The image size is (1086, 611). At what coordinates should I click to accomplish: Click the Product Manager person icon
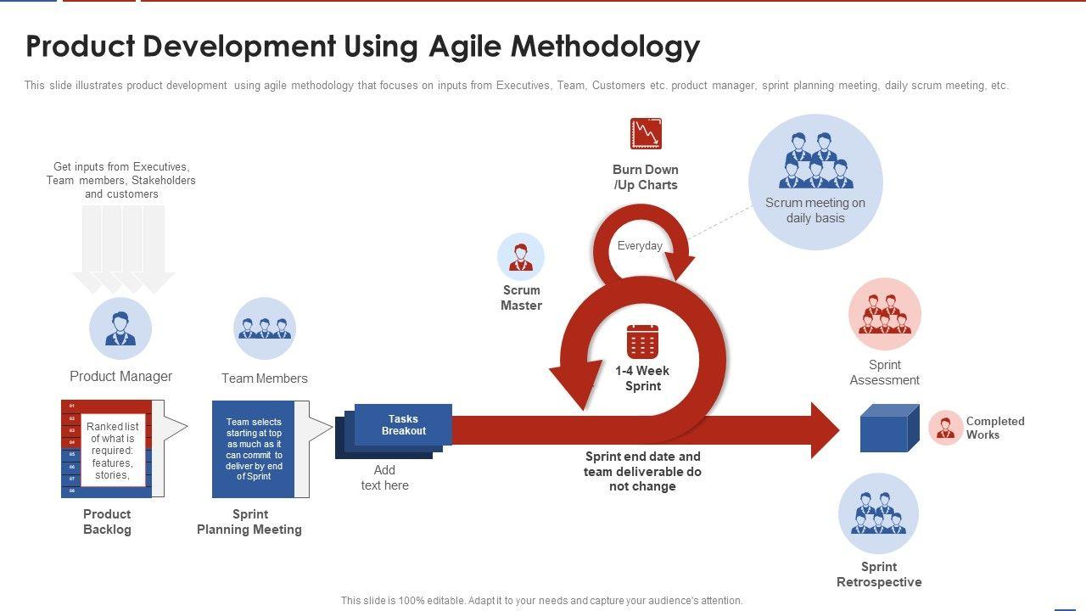point(120,328)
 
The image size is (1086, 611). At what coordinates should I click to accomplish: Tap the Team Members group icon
point(265,328)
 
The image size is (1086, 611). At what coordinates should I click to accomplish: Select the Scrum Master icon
point(521,257)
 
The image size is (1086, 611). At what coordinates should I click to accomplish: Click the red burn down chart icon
point(646,134)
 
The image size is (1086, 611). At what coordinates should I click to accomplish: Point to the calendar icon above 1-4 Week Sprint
point(642,341)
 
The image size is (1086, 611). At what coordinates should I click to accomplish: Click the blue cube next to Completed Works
point(889,429)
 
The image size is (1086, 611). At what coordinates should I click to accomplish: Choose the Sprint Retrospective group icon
point(879,513)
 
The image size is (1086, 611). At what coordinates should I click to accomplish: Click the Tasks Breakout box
point(403,424)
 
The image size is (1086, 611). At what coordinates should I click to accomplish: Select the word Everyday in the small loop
point(640,246)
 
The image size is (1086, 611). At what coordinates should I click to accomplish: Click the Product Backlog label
point(107,522)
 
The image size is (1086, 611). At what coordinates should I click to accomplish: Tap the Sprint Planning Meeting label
point(249,522)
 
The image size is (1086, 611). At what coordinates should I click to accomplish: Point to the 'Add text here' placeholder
point(384,478)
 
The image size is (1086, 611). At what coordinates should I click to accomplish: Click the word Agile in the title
point(465,46)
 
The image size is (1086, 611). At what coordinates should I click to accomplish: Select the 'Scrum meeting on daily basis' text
point(815,210)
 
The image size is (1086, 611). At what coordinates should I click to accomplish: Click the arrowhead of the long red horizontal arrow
point(824,430)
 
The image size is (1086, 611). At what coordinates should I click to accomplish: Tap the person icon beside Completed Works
point(945,428)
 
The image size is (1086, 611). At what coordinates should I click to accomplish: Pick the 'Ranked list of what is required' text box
point(113,451)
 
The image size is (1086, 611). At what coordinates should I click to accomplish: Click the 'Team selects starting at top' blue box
point(254,449)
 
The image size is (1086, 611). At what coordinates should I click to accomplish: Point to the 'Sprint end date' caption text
point(642,471)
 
